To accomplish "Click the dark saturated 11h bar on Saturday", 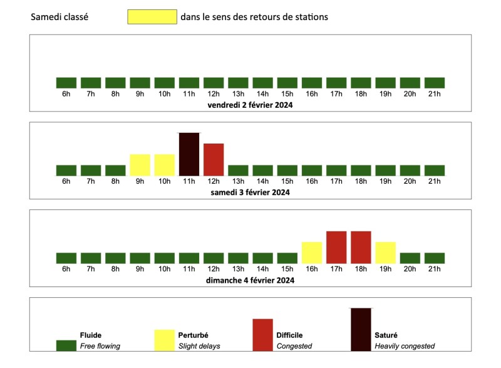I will (x=189, y=154).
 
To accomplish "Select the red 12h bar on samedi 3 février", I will (x=214, y=159).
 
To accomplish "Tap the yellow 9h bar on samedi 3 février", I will (x=140, y=165).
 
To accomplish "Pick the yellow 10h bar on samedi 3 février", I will (x=164, y=165).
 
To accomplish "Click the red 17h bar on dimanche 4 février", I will (x=336, y=247).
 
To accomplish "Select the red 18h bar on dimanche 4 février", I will (x=361, y=247).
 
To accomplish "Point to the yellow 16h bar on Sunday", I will (x=312, y=252).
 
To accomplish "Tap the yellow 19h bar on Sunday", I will (x=385, y=252).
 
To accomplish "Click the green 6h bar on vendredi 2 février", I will (x=66, y=83).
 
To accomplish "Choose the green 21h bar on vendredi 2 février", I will (x=435, y=83).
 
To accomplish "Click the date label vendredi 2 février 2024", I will (x=250, y=105).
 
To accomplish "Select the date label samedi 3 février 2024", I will (x=250, y=192).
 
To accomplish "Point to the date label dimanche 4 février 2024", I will (x=250, y=280).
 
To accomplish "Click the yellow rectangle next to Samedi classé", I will (x=152, y=17).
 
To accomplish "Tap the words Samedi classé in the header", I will (x=59, y=17).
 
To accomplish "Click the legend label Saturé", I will (x=386, y=335).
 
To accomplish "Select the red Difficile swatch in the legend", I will (x=263, y=335).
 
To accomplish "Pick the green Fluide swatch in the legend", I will (x=66, y=345).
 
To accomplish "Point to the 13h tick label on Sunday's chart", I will (x=238, y=269).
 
